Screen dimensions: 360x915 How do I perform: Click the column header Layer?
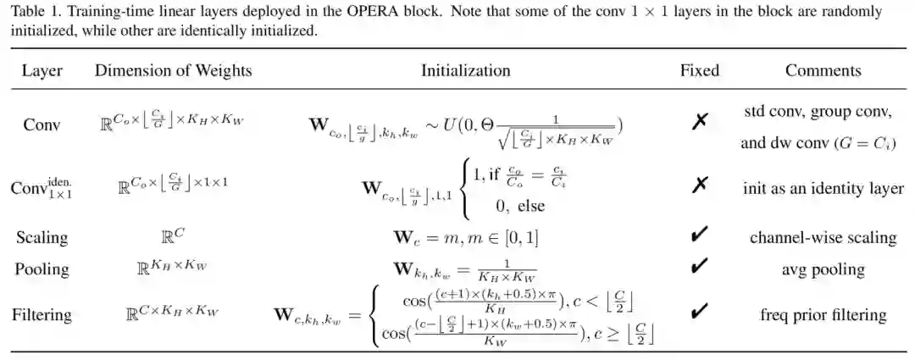point(42,70)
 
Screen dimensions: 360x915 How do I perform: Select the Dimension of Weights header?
point(173,70)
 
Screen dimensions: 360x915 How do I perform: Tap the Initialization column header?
point(465,70)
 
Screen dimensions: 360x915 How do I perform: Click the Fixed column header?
point(699,70)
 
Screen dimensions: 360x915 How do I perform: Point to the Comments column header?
point(823,70)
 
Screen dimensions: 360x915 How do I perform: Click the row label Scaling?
point(42,237)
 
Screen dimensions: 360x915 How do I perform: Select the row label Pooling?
point(42,269)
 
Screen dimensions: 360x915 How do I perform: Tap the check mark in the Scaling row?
point(699,236)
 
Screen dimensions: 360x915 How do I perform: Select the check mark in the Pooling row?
point(699,269)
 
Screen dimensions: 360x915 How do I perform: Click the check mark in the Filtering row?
point(699,313)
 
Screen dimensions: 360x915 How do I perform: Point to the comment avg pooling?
point(823,269)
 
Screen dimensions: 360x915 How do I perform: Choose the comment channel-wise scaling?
point(823,237)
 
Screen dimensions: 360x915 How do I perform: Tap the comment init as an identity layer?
point(823,188)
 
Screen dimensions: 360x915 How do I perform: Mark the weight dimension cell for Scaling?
point(173,237)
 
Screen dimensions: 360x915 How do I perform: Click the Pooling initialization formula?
point(465,270)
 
